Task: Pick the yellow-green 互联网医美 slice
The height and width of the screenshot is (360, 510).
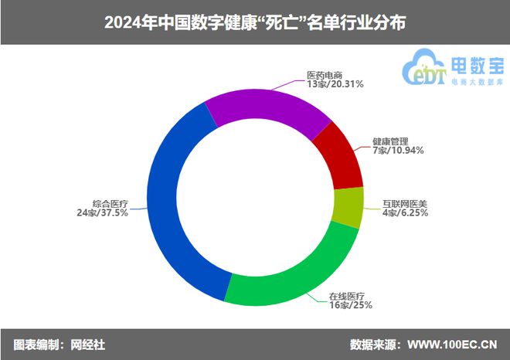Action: click(348, 207)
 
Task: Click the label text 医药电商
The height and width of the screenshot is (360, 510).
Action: click(324, 75)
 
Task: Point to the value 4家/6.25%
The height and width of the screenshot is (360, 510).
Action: click(405, 213)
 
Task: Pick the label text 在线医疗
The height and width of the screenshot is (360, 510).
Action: click(347, 296)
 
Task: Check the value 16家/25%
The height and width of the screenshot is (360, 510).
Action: click(346, 306)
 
